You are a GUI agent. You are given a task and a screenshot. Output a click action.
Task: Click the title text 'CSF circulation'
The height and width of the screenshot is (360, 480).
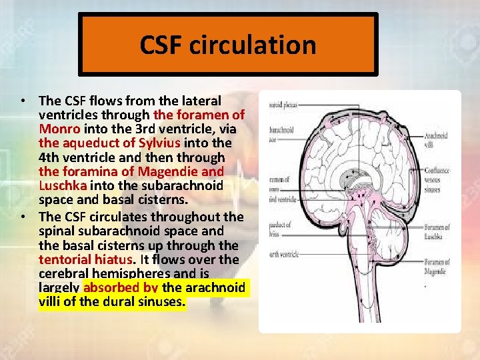[x=227, y=45]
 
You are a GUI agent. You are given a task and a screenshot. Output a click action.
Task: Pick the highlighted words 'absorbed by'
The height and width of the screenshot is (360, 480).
[x=121, y=288]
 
